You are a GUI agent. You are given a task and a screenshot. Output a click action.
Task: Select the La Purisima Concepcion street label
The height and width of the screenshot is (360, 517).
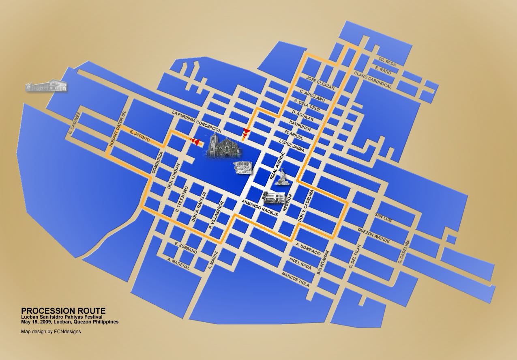click(197, 122)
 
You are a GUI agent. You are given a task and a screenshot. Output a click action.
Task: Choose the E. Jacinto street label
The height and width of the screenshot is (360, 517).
click(140, 136)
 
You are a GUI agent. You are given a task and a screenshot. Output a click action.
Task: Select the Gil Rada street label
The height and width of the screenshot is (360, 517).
click(387, 61)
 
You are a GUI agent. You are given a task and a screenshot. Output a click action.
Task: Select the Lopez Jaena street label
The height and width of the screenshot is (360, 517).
click(292, 146)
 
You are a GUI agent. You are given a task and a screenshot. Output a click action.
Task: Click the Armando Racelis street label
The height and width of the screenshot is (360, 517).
click(260, 207)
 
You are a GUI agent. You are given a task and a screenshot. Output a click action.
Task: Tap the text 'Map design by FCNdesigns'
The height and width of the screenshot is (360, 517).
click(51, 332)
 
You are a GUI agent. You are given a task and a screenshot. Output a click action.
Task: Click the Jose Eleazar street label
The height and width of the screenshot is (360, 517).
click(320, 83)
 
